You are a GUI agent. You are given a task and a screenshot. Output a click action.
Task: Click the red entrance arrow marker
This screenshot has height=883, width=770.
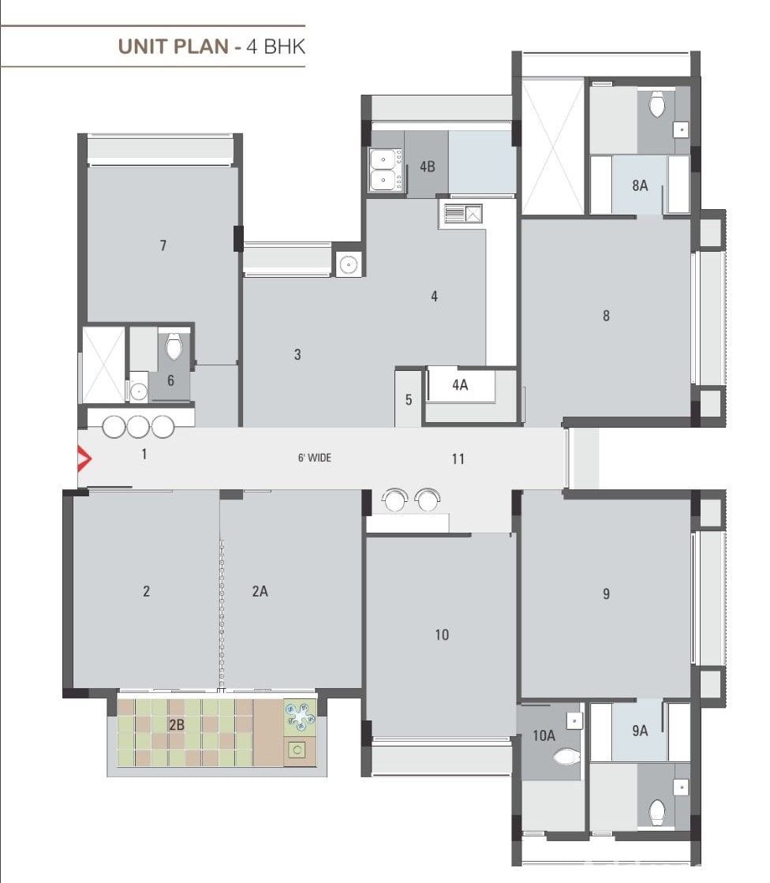click(x=84, y=458)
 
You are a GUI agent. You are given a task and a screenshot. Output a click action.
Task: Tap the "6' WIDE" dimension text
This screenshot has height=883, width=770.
click(x=315, y=458)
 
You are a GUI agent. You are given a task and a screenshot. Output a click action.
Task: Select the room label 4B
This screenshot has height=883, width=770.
click(x=428, y=166)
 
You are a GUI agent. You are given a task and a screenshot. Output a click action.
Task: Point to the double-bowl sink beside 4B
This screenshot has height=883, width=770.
click(x=386, y=170)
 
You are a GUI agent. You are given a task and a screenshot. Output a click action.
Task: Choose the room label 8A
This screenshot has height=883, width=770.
click(x=640, y=185)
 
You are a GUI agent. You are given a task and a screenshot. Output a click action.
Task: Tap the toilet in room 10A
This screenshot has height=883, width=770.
click(x=566, y=756)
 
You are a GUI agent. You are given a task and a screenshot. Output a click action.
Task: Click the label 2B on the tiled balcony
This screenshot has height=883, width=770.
click(x=177, y=724)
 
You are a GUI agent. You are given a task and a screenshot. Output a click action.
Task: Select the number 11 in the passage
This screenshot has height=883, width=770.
click(x=458, y=459)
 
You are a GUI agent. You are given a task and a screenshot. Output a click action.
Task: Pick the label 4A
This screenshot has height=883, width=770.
click(x=460, y=384)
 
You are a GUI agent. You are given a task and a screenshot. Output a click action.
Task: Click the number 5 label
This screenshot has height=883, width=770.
click(x=409, y=400)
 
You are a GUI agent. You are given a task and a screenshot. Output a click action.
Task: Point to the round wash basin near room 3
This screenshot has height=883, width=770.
click(x=349, y=264)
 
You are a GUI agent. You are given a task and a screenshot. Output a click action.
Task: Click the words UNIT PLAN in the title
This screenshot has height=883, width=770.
click(x=173, y=47)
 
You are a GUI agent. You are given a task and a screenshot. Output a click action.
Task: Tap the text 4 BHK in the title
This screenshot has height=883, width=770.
click(x=276, y=47)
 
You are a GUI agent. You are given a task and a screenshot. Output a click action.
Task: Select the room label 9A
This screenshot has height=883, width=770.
click(x=640, y=731)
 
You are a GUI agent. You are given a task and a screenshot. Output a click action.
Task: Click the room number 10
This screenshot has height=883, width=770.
click(x=442, y=634)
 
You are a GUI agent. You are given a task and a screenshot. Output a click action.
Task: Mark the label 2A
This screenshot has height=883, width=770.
click(x=260, y=591)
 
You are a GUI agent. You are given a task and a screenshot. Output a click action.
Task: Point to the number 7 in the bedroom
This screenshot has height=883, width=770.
click(x=163, y=245)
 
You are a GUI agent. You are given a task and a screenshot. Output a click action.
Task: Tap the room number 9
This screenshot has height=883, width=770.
click(x=606, y=593)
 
